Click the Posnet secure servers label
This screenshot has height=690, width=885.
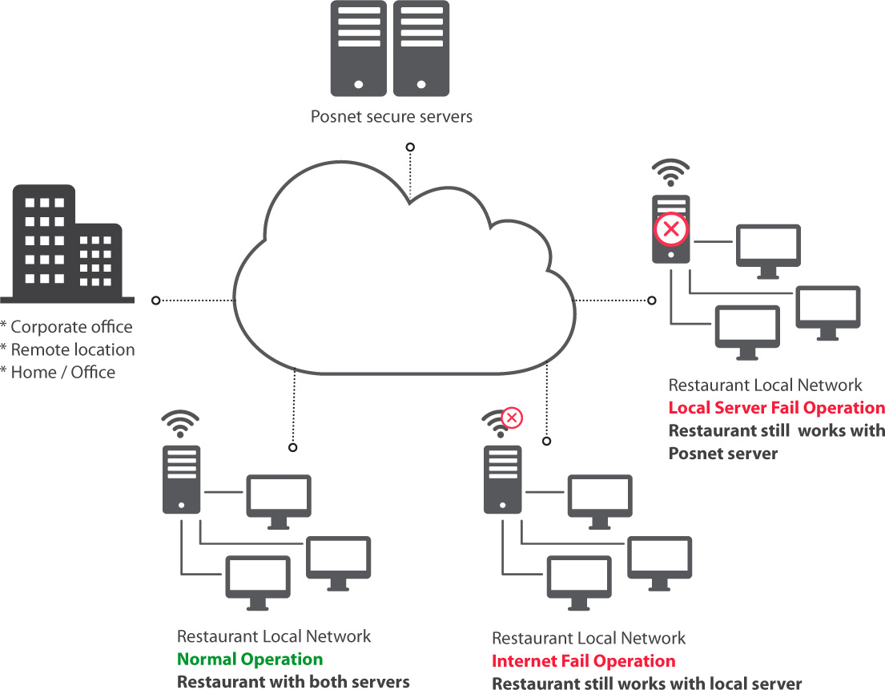pos(392,117)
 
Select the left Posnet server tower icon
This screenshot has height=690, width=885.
pos(359,49)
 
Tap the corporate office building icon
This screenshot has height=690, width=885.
pos(67,244)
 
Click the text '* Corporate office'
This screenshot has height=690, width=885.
pos(67,327)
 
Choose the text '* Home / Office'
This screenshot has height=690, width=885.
pos(58,372)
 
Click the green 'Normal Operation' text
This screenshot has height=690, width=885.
pos(250,660)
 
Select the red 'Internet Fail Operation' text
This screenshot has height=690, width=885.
pos(583,661)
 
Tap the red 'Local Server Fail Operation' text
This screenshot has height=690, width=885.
pos(776,408)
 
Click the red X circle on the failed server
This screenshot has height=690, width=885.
pos(671,230)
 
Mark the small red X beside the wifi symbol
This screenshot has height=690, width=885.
pos(511,417)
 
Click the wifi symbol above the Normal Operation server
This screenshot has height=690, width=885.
pos(180,422)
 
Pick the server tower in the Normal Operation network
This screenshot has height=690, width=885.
pos(181,479)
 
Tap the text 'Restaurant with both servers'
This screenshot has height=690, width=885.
pos(293,682)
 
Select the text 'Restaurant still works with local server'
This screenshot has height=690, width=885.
pos(646,684)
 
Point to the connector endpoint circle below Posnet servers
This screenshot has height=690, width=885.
pos(410,147)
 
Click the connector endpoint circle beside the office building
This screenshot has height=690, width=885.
pos(156,300)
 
